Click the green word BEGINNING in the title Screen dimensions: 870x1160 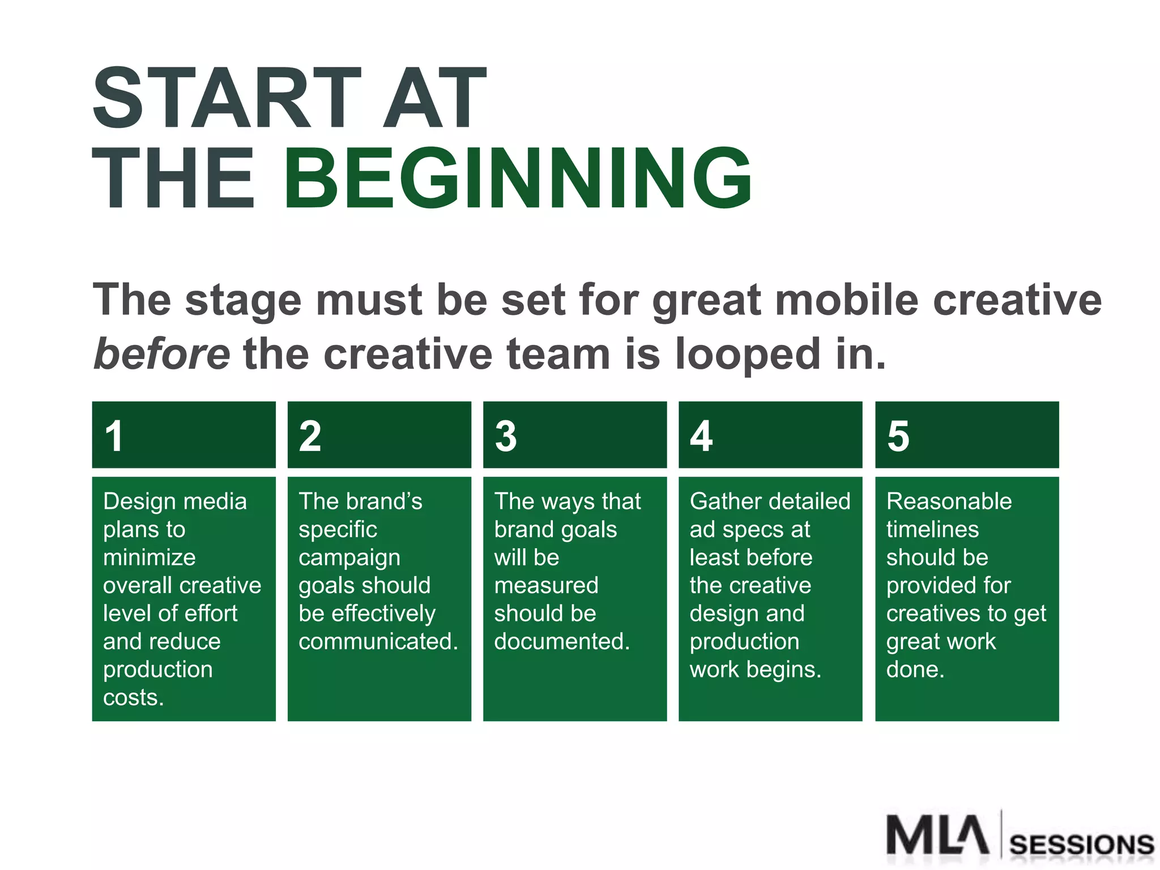[518, 178]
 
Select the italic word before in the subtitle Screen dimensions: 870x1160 [161, 354]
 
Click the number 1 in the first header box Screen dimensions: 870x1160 [114, 436]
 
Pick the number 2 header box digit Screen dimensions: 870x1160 [310, 436]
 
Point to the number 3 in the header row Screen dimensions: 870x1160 [505, 436]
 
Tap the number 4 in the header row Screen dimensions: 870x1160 [701, 436]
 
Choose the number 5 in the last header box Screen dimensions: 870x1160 [898, 436]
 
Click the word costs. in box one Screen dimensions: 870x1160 [133, 697]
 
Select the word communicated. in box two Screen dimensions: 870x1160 [378, 641]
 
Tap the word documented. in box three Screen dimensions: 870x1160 [561, 641]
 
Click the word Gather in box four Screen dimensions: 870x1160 [723, 501]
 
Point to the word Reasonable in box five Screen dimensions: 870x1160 [949, 501]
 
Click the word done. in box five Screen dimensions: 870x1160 [915, 669]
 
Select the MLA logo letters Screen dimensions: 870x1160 [937, 835]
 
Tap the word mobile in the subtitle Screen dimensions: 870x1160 [846, 300]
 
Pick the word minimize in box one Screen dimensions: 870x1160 [149, 557]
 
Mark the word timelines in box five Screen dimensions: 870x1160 [932, 530]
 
